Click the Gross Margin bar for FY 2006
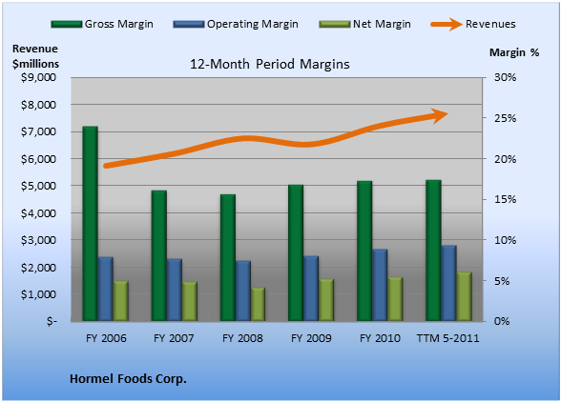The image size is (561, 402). click(90, 223)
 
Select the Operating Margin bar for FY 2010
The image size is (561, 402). click(380, 285)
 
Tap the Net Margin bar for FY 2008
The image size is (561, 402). click(258, 304)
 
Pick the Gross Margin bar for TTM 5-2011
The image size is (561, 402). click(433, 251)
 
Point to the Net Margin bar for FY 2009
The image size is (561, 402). click(326, 300)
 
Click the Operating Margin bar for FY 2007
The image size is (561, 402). click(175, 290)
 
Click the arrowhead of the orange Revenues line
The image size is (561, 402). click(440, 115)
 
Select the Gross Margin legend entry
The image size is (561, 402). click(102, 25)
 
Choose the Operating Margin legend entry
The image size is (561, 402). click(236, 25)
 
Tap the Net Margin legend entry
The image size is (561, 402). click(365, 25)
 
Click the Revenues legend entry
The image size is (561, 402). click(473, 25)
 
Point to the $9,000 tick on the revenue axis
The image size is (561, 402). click(38, 77)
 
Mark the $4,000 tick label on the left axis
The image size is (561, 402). click(38, 213)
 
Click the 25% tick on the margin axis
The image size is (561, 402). click(506, 118)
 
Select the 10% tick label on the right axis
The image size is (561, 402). click(506, 240)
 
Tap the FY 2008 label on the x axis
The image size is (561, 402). click(242, 338)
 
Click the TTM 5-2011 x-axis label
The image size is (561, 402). click(448, 338)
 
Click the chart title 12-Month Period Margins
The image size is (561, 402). click(270, 65)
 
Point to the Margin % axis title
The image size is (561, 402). click(514, 52)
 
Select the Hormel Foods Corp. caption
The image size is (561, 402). click(128, 379)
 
